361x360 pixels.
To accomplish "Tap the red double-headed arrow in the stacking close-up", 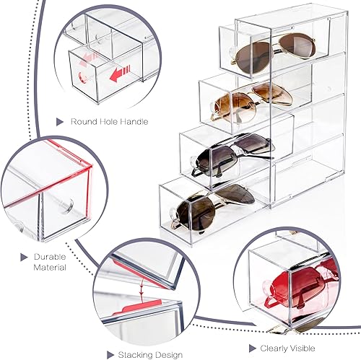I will [145, 289].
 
